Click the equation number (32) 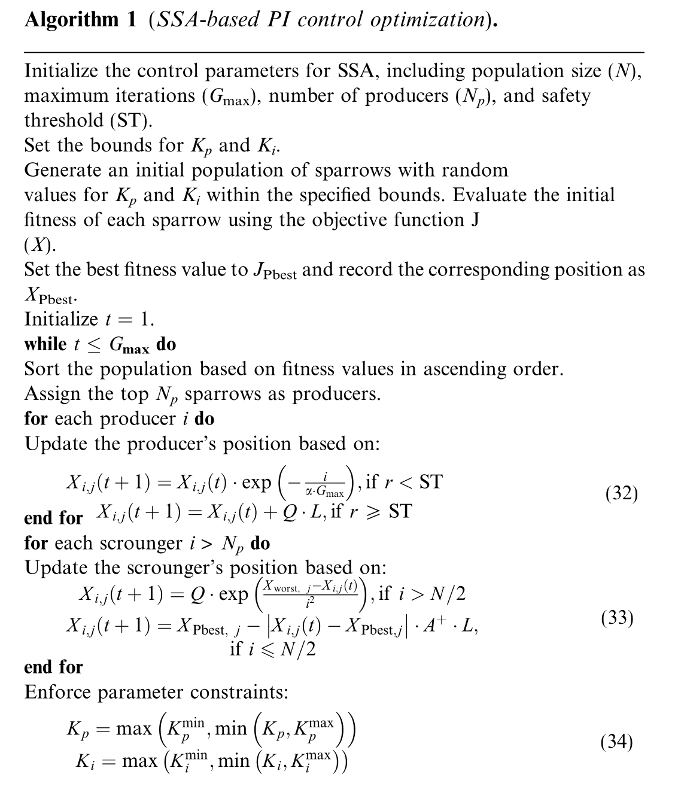coord(622,494)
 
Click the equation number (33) coord(617,618)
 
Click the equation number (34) coord(617,742)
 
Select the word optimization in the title coord(427,20)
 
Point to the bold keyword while coord(45,344)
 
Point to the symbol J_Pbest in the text coord(273,271)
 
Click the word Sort coord(42,369)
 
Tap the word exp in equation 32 coord(256,483)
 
